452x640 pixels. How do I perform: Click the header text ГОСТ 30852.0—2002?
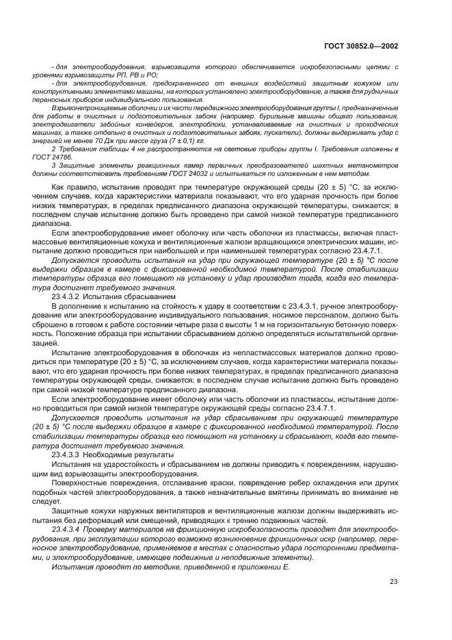[x=362, y=46]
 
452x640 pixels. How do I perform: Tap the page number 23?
[x=393, y=582]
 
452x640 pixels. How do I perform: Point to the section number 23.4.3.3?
[x=66, y=455]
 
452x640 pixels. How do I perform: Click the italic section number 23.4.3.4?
[x=66, y=530]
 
